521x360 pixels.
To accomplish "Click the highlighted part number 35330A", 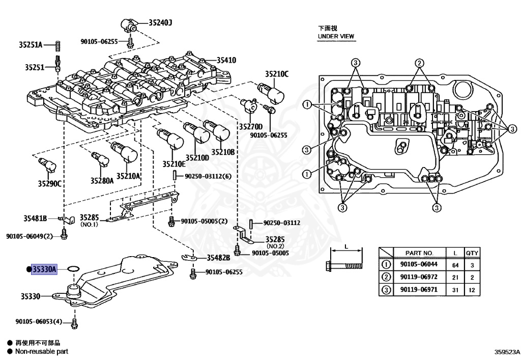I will [44, 269].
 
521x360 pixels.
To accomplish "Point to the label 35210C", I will [276, 74].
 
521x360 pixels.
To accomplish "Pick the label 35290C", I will [49, 183].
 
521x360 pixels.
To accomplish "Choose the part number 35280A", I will [102, 180].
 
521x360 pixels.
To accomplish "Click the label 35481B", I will [35, 218].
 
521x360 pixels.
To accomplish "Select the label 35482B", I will [218, 258].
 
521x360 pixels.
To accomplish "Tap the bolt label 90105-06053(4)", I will [38, 322].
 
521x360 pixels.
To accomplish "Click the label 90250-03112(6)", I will [208, 176].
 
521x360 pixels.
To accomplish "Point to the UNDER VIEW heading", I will [336, 37].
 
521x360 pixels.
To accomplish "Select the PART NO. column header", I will [419, 253].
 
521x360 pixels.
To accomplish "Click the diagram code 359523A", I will [505, 351].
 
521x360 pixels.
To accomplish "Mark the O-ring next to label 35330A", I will [73, 268].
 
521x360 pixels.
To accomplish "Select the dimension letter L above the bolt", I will [346, 247].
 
